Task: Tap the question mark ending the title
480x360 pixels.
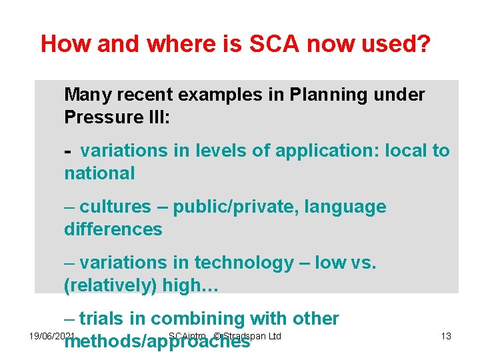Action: pos(425,44)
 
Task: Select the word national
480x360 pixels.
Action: pos(99,173)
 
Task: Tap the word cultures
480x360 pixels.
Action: pos(115,207)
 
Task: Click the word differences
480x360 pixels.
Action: pos(113,229)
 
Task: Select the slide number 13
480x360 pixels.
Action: pos(446,336)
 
